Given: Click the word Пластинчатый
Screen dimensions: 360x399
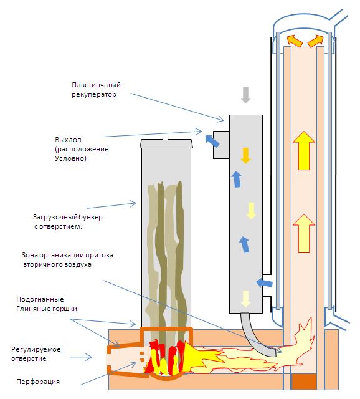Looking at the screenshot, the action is pos(96,85).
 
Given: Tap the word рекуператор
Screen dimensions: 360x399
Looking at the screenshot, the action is pos(94,95).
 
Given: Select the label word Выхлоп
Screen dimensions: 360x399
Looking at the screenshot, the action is pos(68,140).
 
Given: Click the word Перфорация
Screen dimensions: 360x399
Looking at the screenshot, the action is pos(38,382).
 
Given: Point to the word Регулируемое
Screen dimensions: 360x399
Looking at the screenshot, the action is pos(36,349).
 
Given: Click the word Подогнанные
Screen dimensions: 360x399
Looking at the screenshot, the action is pos(40,299).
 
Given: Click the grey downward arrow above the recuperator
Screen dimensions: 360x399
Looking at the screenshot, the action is pos(245,95).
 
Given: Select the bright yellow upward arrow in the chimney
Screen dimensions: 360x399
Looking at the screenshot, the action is pos(304,151).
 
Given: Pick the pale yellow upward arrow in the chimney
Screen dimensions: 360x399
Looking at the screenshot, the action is pos(304,234).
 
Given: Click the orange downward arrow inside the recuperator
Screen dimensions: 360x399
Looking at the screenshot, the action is pos(245,155).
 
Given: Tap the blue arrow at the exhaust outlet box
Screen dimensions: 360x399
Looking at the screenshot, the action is pos(212,141).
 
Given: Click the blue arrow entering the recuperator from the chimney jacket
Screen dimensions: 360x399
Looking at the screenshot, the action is pos(265,282).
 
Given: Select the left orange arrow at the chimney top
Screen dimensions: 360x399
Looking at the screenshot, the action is pos(294,40).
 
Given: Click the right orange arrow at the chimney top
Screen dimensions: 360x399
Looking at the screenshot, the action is pos(316,41).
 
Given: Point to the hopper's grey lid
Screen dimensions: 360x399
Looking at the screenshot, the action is pos(166,143).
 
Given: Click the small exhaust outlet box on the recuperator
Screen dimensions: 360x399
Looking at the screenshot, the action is pos(221,145).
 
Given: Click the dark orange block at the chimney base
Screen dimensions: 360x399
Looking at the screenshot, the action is pos(304,382).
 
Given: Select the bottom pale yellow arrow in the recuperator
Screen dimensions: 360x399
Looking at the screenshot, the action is pos(245,299).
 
